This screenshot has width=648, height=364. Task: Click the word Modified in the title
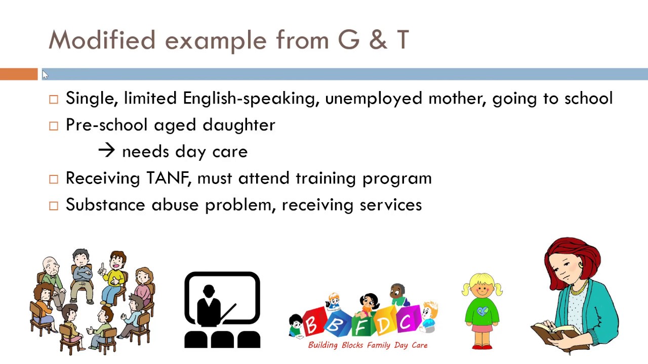[x=102, y=40]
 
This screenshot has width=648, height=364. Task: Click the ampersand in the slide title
[x=377, y=40]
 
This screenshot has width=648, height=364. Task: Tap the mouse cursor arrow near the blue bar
[x=45, y=75]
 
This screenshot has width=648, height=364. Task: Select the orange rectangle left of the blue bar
[x=19, y=74]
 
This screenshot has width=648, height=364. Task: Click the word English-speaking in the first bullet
[x=251, y=99]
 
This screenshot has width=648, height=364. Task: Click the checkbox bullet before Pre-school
[x=54, y=126]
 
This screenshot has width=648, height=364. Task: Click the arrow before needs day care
[x=107, y=151]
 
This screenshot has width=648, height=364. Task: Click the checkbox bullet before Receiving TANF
[x=54, y=179]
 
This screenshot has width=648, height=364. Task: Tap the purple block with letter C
[x=406, y=321]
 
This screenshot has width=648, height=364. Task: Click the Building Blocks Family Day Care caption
[x=368, y=345]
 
